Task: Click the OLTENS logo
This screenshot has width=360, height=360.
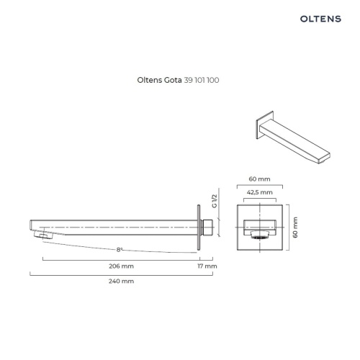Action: [320, 19]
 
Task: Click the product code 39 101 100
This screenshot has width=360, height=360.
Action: [202, 80]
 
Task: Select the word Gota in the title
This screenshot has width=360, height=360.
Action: [173, 80]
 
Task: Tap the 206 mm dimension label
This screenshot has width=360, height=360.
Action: [121, 266]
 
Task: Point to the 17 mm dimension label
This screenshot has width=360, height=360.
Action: [207, 266]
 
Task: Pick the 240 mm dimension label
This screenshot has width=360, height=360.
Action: [121, 281]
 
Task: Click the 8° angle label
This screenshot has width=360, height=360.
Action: [120, 250]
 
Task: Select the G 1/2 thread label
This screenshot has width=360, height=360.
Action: [215, 201]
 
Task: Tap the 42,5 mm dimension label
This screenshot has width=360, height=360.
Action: [260, 192]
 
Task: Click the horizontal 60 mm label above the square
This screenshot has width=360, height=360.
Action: [259, 179]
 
